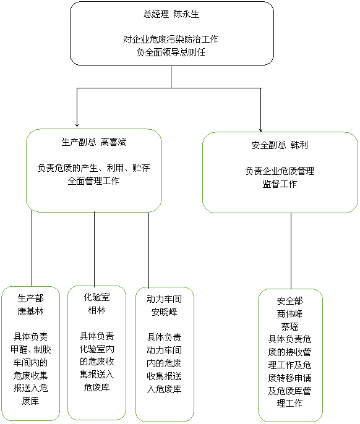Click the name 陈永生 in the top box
click(x=186, y=14)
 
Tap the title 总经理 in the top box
click(x=156, y=14)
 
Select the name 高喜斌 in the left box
click(x=114, y=142)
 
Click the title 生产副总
click(x=79, y=142)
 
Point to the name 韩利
click(x=299, y=145)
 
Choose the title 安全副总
click(x=269, y=145)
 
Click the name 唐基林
click(x=30, y=312)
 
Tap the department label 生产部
click(x=30, y=299)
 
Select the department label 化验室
click(x=97, y=297)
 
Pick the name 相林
click(x=97, y=310)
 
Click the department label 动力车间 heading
click(x=165, y=299)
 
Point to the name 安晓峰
click(x=165, y=312)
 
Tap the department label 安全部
click(x=289, y=300)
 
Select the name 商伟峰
click(x=289, y=314)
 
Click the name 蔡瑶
click(x=289, y=326)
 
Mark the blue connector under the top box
click(x=171, y=77)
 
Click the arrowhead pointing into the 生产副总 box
click(x=77, y=125)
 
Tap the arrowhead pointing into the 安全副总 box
click(x=260, y=130)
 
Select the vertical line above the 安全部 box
click(x=291, y=251)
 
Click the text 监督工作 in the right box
click(x=280, y=184)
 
